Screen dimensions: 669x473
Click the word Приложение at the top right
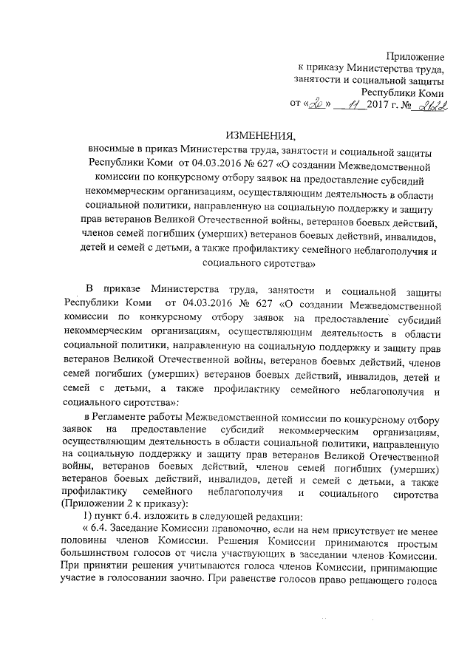point(415,57)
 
